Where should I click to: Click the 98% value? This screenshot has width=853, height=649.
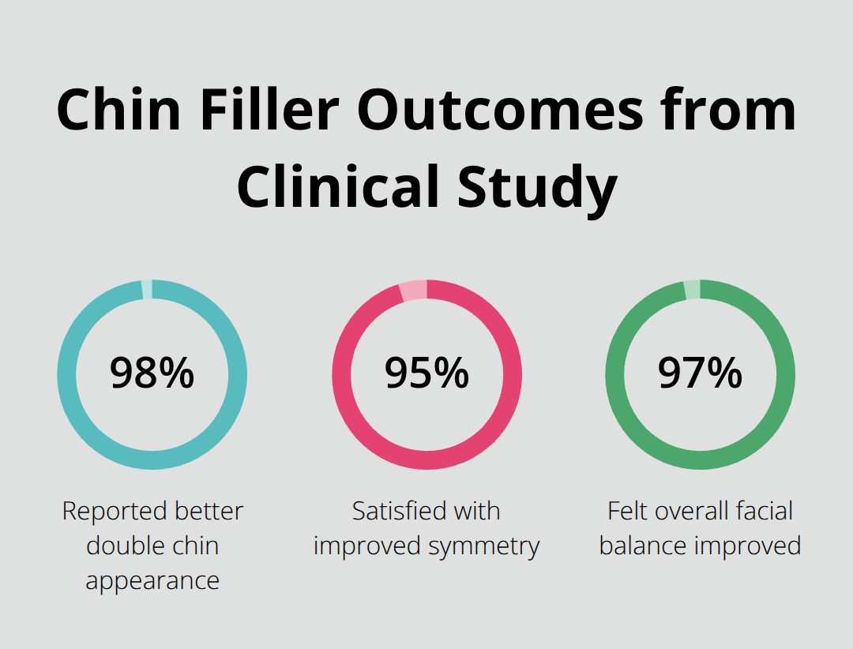pos(152,373)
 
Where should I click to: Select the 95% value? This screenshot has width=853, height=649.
pos(426,373)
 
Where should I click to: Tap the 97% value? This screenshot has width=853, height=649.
pos(700,373)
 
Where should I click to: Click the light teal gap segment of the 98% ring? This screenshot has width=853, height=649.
pos(147,290)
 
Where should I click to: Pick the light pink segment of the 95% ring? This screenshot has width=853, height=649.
pos(413,291)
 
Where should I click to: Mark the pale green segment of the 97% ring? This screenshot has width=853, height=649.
pos(692,290)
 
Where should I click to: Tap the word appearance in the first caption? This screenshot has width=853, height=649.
pos(152,581)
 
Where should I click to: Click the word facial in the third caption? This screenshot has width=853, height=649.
pos(760,512)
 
